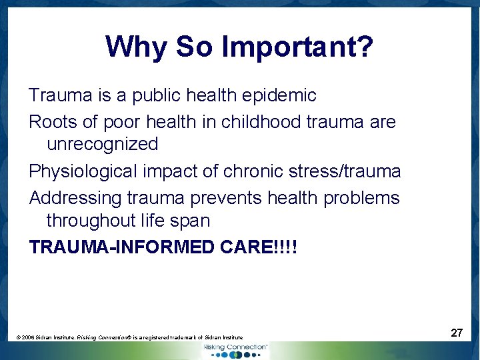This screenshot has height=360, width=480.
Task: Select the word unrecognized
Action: pos(102,144)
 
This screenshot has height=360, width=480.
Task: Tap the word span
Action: pos(190,221)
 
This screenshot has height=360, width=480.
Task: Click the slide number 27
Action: pos(457,333)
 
